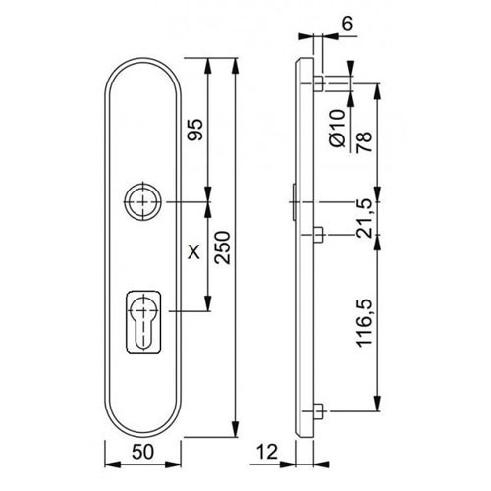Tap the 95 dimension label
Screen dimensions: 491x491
coord(195,130)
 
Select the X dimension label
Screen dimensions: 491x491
coord(194,252)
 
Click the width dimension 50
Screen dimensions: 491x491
coord(142,452)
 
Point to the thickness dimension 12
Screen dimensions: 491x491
coord(267,452)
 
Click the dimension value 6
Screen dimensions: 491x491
coord(347,24)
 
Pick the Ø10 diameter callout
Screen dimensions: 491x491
coord(337,128)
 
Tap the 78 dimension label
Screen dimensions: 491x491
coord(364,141)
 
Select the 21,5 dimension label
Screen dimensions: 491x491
coord(364,218)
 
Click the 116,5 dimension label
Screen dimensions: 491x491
coord(365,322)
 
